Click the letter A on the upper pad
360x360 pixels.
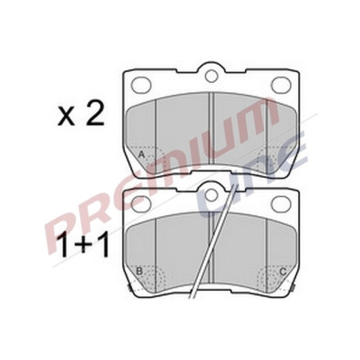[141, 155]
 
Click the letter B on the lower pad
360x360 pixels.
[139, 271]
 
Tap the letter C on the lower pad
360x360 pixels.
[283, 272]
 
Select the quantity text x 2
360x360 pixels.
[81, 115]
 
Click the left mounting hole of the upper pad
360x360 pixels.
[142, 84]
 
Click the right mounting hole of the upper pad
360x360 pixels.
[281, 84]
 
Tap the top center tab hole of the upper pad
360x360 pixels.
[211, 76]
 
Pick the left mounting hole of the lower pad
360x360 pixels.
[142, 203]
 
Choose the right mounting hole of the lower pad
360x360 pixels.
[281, 203]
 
